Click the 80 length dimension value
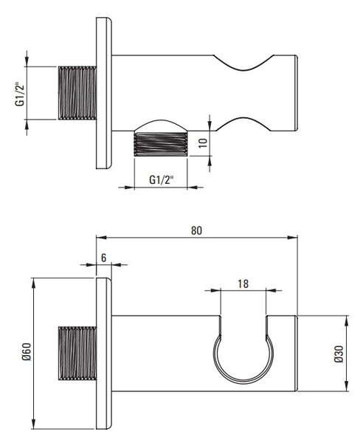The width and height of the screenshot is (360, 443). pos(196,230)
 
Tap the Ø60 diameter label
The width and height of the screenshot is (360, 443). pos(27,351)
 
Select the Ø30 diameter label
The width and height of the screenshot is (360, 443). pos(339,354)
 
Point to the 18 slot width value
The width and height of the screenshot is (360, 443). pos(243,284)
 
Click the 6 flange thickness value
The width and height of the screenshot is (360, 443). pos(103,258)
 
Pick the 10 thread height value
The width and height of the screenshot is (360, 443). pos(203,142)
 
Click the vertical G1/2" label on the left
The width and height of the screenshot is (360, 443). pos(20,95)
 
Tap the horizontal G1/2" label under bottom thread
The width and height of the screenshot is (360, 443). pos(161,179)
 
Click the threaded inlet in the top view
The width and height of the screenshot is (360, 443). pos(77,93)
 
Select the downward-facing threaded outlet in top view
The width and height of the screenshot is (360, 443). pos(160,144)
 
